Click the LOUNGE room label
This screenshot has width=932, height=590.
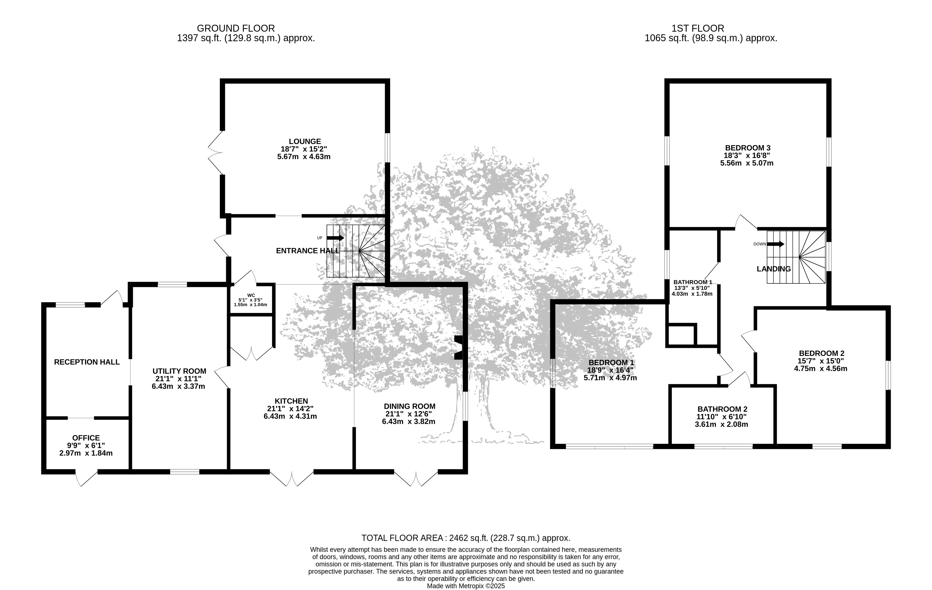click(x=305, y=142)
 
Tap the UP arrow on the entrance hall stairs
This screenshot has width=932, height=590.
click(x=335, y=238)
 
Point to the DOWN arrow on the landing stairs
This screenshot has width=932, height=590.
click(x=776, y=244)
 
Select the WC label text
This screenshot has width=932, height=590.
click(x=251, y=295)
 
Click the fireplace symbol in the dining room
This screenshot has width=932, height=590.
click(x=458, y=348)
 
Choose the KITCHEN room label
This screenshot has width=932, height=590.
click(x=292, y=401)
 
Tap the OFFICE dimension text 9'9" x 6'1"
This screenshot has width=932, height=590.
click(x=86, y=446)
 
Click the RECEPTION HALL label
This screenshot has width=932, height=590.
click(x=87, y=362)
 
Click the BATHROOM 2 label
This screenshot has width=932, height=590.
click(x=723, y=409)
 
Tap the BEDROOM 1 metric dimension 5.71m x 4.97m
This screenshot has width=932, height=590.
click(x=610, y=378)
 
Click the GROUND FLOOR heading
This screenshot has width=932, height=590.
click(x=236, y=28)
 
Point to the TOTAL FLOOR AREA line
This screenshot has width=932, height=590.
click(x=466, y=538)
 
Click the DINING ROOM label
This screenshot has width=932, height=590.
click(x=410, y=406)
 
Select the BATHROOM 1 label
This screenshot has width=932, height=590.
click(x=693, y=282)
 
